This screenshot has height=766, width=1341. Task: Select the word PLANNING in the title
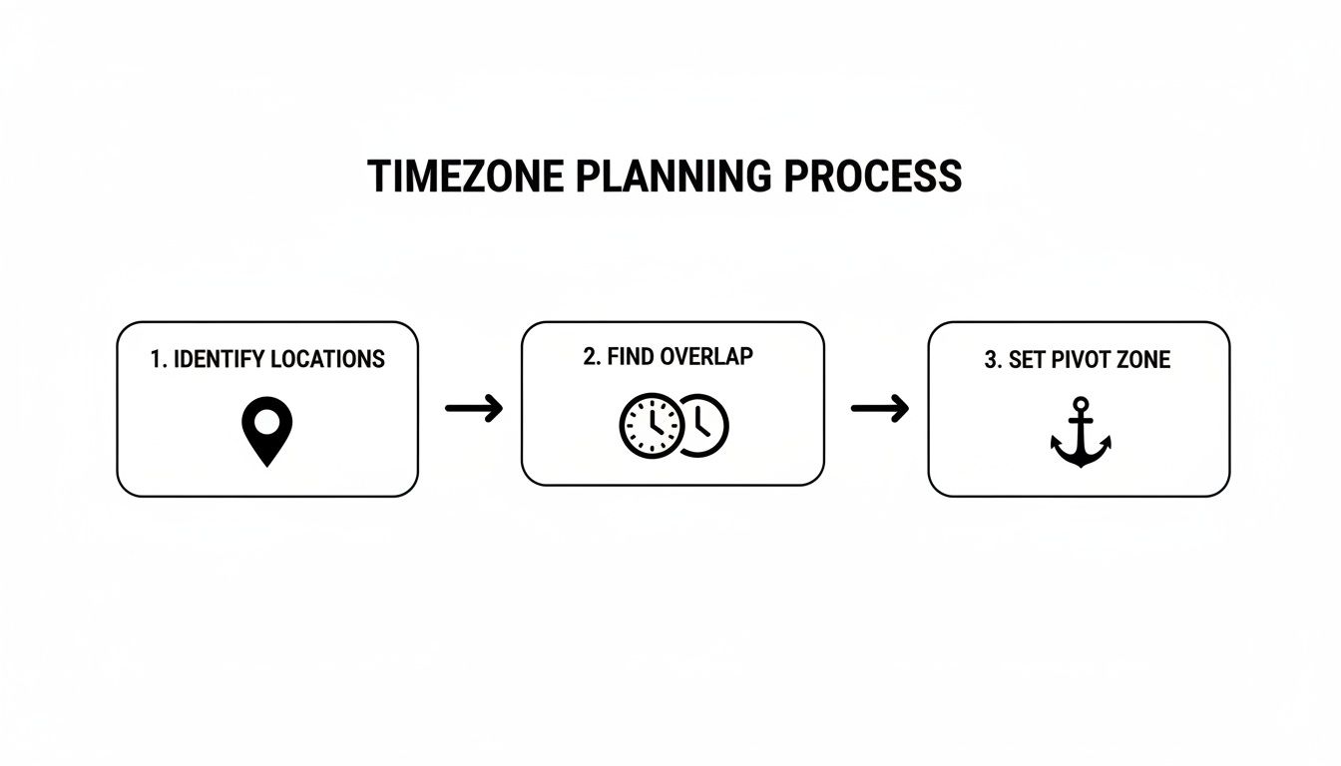pos(673,177)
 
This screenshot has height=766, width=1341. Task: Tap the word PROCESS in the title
pos(873,177)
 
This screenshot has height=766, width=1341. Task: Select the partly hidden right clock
pos(708,425)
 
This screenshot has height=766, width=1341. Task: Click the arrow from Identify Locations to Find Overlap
pos(473,408)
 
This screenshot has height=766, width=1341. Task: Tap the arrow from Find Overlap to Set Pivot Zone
pos(879,408)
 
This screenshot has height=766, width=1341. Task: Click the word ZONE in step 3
pos(1143,361)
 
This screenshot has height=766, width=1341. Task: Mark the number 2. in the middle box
pos(592,357)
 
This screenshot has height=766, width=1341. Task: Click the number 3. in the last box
pos(993,361)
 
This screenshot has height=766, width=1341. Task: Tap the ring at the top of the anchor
pos(1081,404)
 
